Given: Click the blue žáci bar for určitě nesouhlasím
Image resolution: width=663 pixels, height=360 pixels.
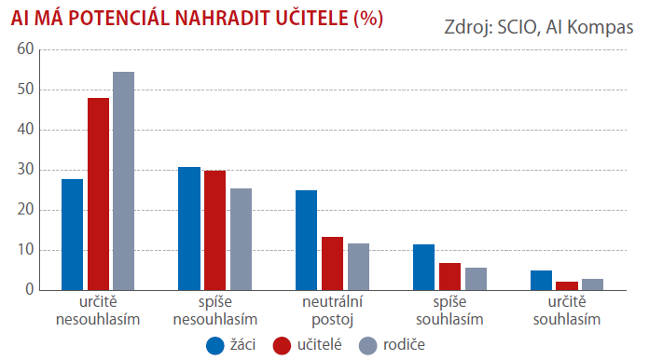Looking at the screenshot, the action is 73,235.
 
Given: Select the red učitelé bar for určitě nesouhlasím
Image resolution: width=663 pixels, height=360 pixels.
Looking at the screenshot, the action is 98,194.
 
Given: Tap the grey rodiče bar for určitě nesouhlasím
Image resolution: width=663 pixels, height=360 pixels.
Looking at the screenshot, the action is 123,181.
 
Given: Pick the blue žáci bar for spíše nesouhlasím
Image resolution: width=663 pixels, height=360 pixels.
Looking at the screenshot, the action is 189,228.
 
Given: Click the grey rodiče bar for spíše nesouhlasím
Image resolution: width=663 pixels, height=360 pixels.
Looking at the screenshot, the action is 241,240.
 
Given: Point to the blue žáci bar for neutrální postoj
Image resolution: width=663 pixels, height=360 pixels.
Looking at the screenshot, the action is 306,241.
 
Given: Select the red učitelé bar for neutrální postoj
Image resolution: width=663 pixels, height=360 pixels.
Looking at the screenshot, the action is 332,264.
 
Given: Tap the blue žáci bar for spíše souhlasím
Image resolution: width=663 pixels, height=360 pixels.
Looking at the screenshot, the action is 423,268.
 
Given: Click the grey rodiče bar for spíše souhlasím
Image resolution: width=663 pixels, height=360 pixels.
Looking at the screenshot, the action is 477,279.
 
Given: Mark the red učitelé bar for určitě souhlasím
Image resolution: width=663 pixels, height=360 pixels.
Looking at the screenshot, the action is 567,286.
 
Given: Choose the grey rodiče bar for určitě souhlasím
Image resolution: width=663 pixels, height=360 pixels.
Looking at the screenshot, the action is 593,284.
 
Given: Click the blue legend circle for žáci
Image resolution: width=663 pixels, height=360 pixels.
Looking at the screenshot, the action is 214,346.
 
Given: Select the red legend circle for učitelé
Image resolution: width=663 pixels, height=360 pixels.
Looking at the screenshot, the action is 282,346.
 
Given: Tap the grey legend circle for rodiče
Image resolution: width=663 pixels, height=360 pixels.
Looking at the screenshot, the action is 367,346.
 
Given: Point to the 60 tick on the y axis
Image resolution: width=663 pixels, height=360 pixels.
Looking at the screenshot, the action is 25,49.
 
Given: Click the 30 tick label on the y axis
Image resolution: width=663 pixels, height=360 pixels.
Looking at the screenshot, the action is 25,170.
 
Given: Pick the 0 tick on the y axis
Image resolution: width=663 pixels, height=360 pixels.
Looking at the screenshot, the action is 29,290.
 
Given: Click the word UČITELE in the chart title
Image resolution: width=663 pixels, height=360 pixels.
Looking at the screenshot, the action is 312,18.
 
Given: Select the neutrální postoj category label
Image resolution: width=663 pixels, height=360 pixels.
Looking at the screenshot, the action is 332,311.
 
